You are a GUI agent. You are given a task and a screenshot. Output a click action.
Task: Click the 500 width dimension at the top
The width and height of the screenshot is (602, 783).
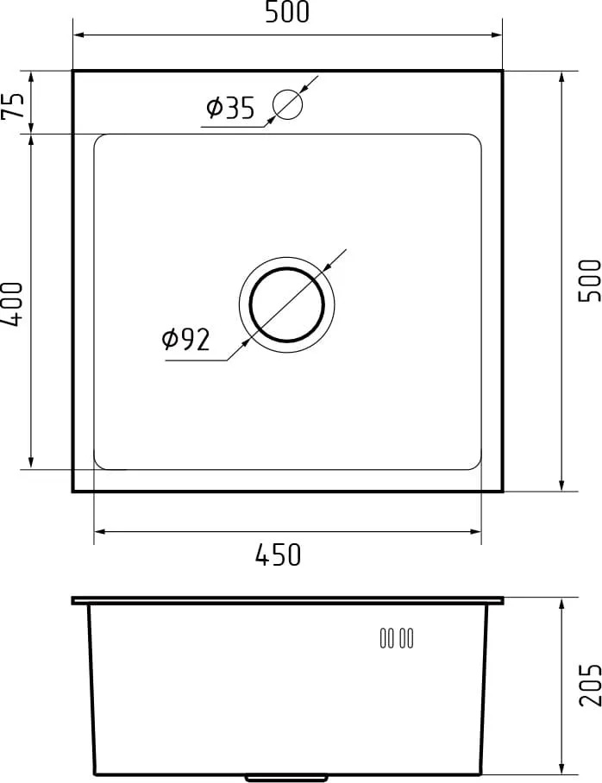tap(287, 12)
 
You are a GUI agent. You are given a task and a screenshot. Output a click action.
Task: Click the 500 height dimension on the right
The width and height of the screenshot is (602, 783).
tap(590, 280)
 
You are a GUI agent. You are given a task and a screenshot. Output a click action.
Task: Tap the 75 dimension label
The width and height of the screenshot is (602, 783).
tap(13, 105)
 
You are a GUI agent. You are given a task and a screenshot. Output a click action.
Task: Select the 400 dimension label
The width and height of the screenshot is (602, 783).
tap(12, 304)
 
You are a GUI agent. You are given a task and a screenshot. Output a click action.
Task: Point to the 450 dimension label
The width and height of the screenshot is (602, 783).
tap(279, 554)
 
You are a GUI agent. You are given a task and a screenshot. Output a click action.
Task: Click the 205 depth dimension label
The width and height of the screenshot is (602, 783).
tap(590, 685)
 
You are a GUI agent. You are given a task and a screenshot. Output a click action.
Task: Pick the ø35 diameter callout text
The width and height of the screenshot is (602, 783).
tap(230, 108)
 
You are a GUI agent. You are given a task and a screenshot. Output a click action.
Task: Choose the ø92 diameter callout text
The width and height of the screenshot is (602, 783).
tap(185, 340)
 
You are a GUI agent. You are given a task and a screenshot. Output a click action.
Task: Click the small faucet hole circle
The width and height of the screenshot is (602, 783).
tap(288, 103)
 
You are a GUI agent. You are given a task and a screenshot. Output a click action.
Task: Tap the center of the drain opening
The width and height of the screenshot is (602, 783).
tap(286, 304)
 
